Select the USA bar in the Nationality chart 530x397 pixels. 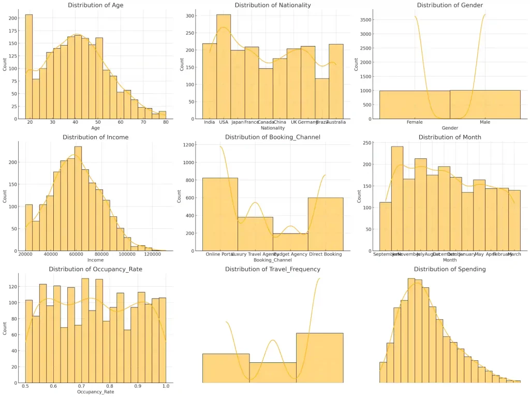[224, 67]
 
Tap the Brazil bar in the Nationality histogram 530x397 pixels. [321, 98]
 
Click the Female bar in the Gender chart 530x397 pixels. [415, 105]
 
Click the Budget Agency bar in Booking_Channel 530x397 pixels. [290, 242]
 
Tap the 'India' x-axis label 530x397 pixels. [209, 122]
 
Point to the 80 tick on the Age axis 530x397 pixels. [165, 122]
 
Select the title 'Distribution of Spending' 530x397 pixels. [450, 270]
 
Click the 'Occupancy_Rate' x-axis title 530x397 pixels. [95, 392]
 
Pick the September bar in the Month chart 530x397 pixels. [385, 226]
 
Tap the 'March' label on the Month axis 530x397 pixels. [514, 254]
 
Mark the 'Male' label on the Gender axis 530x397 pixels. [485, 122]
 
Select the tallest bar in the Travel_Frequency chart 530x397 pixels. [319, 358]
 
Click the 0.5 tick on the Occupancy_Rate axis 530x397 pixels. [25, 386]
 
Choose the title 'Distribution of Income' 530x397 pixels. [95, 137]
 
